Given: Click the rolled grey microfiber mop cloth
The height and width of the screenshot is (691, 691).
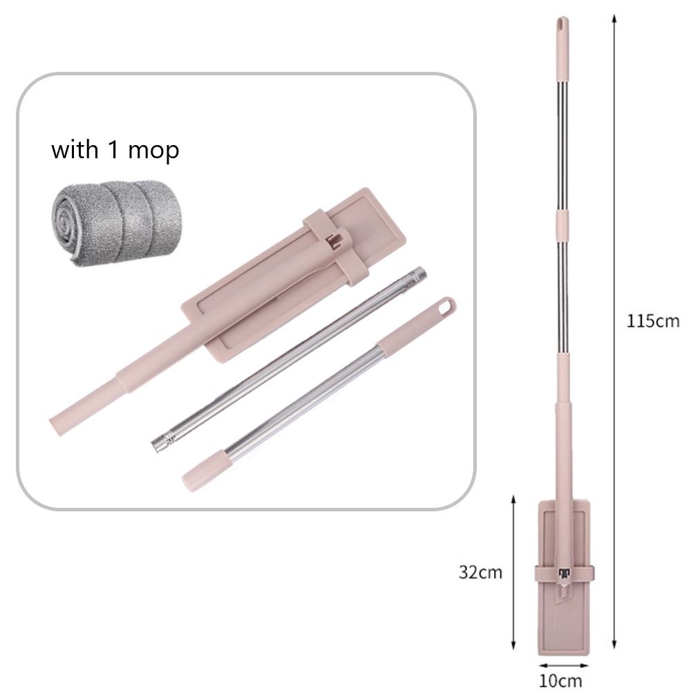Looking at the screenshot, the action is point(116,223).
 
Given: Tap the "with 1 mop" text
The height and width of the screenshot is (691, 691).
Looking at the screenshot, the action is point(115,150).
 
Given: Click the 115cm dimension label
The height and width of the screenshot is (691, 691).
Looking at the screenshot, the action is point(653,321).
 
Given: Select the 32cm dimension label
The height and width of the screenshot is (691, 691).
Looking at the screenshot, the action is point(480,572).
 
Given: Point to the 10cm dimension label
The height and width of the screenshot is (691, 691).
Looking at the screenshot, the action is point(560,681).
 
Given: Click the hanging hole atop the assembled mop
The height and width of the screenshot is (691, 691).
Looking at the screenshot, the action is point(560,22).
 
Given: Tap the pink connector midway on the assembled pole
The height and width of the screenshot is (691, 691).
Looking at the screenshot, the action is point(561,225).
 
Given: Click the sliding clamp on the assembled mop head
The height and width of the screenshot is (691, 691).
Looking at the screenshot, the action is point(564,574).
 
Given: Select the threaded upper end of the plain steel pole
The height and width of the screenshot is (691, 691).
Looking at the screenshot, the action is point(416,276).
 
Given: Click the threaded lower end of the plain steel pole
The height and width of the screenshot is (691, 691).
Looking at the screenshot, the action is point(162,442).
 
